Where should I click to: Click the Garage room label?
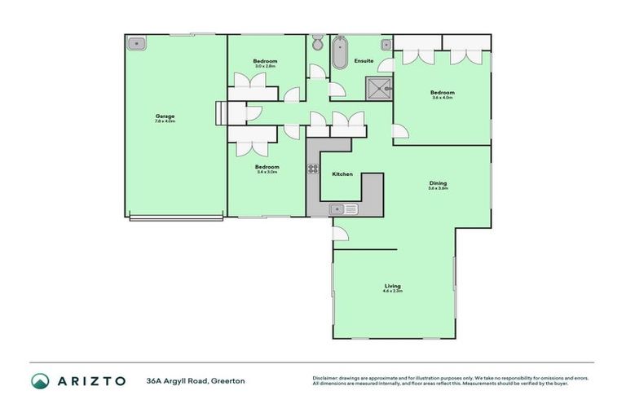(165, 116)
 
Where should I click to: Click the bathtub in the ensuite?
(340, 53)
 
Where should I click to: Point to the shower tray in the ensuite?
(378, 88)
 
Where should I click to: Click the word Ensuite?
(364, 61)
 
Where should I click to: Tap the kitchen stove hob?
(311, 169)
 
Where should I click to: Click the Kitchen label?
(342, 174)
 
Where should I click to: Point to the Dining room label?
(439, 183)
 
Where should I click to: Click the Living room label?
(393, 286)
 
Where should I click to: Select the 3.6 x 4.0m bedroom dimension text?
(443, 98)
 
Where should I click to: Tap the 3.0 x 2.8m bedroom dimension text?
(265, 67)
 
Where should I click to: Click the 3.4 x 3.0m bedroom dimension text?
(267, 172)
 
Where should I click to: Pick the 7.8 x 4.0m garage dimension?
(165, 121)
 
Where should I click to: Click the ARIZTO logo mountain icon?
(40, 380)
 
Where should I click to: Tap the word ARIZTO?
(90, 380)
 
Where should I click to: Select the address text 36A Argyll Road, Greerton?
(196, 380)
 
